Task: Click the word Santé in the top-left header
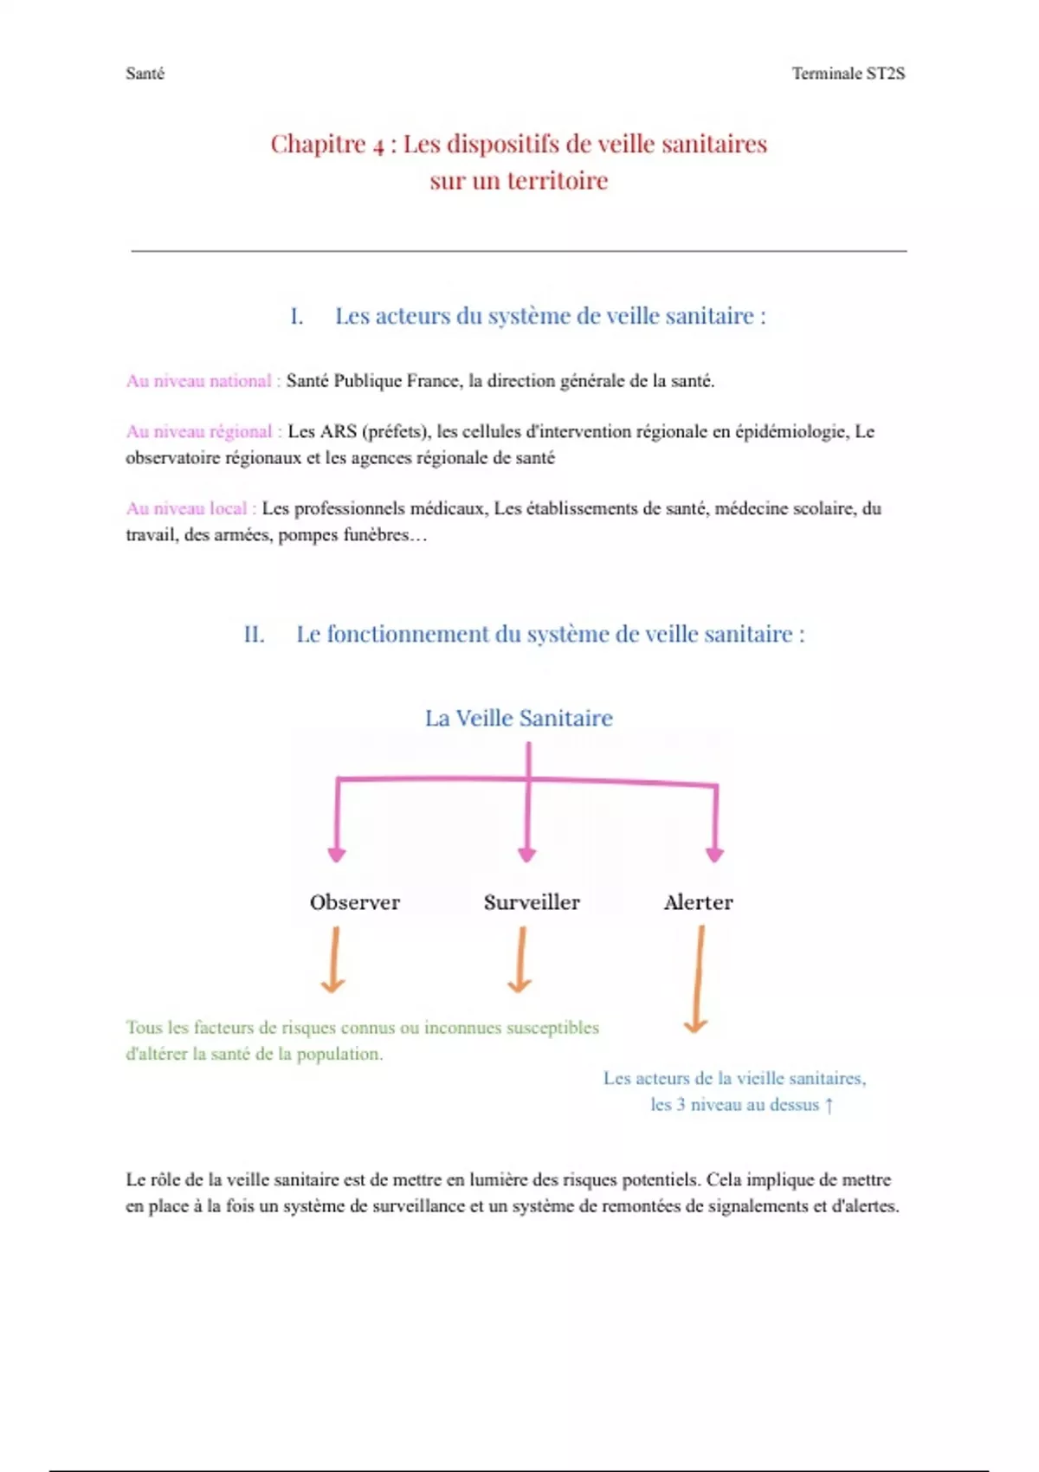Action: pyautogui.click(x=145, y=74)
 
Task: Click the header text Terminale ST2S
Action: pyautogui.click(x=848, y=74)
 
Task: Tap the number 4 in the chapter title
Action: pyautogui.click(x=378, y=145)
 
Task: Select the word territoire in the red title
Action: pyautogui.click(x=558, y=181)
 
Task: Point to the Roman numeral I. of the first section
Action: pyautogui.click(x=296, y=317)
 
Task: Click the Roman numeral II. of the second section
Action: pyautogui.click(x=254, y=635)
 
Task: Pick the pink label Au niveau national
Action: pyautogui.click(x=199, y=381)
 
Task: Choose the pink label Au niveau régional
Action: pyautogui.click(x=199, y=431)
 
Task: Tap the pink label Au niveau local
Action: pyautogui.click(x=187, y=508)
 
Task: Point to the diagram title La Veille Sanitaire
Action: pyautogui.click(x=519, y=718)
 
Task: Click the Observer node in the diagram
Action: pyautogui.click(x=355, y=902)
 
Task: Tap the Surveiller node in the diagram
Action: pyautogui.click(x=532, y=902)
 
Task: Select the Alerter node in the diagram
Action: pyautogui.click(x=698, y=902)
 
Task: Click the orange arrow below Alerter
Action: pyautogui.click(x=697, y=979)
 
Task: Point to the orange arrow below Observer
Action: pyautogui.click(x=334, y=959)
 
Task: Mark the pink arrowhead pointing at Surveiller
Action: pyautogui.click(x=526, y=855)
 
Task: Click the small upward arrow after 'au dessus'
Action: pyautogui.click(x=829, y=1106)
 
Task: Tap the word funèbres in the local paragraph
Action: pyautogui.click(x=376, y=535)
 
